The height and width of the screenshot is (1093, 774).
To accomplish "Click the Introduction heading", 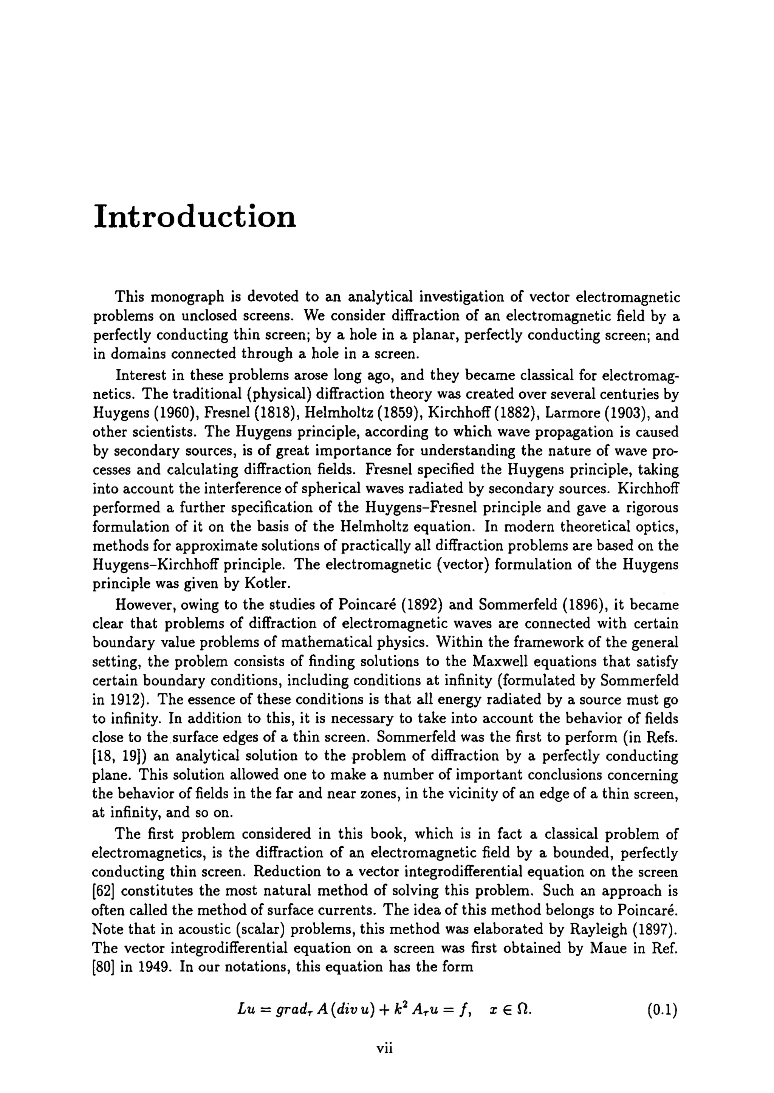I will (195, 217).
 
